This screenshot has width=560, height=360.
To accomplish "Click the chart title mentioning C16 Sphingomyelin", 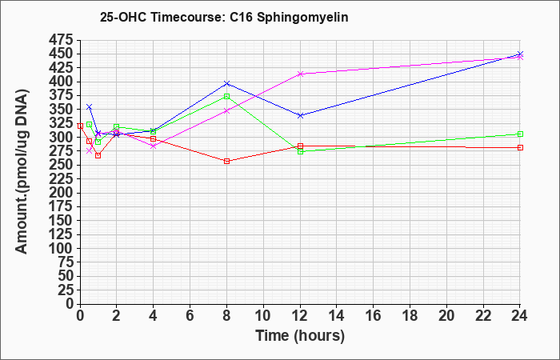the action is [224, 18].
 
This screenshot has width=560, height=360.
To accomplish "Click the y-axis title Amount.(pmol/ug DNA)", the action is [22, 171].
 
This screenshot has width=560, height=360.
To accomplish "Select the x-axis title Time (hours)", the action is [300, 336].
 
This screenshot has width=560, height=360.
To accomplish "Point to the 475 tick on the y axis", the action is [62, 40].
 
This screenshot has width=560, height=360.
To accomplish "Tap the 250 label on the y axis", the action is [62, 165].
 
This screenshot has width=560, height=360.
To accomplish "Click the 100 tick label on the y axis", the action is [62, 248].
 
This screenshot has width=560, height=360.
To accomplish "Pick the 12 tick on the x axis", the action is [300, 315].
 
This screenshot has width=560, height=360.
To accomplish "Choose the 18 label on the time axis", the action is [410, 315].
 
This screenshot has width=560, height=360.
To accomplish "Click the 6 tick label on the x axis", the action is [190, 315].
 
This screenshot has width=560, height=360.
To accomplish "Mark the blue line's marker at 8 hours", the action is [226, 83].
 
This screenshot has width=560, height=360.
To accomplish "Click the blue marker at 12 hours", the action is [300, 115].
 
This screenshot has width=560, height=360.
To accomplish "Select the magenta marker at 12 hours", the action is [300, 74].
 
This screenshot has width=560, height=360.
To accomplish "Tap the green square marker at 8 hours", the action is [226, 97].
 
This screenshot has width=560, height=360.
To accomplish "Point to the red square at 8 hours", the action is [226, 161].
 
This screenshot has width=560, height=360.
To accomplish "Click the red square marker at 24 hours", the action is [520, 147].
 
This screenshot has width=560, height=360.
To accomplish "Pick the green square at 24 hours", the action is [520, 134].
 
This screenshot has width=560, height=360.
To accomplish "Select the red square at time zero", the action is [80, 126].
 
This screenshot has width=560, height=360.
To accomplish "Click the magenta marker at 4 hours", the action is [154, 146].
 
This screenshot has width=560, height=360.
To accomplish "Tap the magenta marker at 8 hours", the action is [226, 110].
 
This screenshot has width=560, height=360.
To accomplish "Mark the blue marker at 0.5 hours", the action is [90, 107].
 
